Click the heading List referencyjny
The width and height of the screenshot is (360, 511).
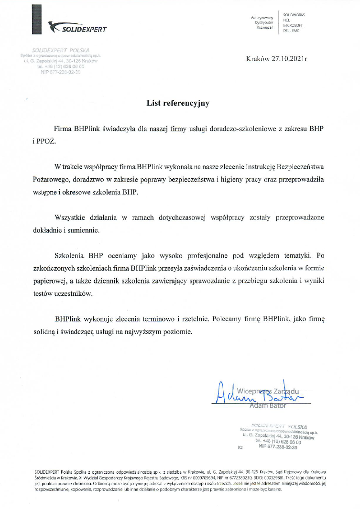tap(178, 103)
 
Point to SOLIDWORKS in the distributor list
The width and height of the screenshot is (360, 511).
tap(294, 15)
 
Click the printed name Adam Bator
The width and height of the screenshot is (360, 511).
tap(268, 406)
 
